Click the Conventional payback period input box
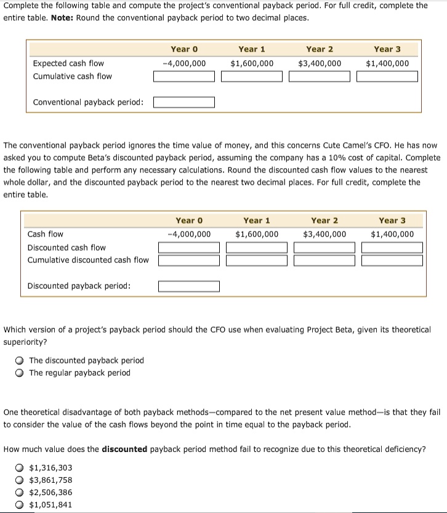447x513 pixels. click(x=184, y=102)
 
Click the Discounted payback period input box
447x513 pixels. click(x=189, y=286)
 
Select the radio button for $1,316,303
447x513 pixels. click(x=20, y=467)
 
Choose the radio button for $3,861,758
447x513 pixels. click(x=20, y=480)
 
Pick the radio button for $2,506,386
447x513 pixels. click(x=20, y=492)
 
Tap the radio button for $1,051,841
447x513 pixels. click(x=20, y=504)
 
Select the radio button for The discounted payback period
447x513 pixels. click(x=20, y=360)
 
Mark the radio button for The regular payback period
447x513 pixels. click(x=20, y=373)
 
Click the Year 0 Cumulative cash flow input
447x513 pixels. click(x=184, y=76)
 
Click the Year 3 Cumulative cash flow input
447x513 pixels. click(x=387, y=76)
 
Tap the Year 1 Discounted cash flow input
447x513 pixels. click(x=257, y=248)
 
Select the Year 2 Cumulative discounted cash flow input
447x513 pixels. click(x=324, y=260)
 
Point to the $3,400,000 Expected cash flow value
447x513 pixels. click(x=320, y=63)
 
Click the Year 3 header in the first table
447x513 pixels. click(x=387, y=49)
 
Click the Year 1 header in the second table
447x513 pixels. click(x=257, y=220)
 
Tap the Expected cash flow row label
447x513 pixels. click(x=68, y=63)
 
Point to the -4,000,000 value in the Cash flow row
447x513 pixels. click(x=189, y=234)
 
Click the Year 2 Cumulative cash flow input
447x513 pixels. click(x=320, y=76)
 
